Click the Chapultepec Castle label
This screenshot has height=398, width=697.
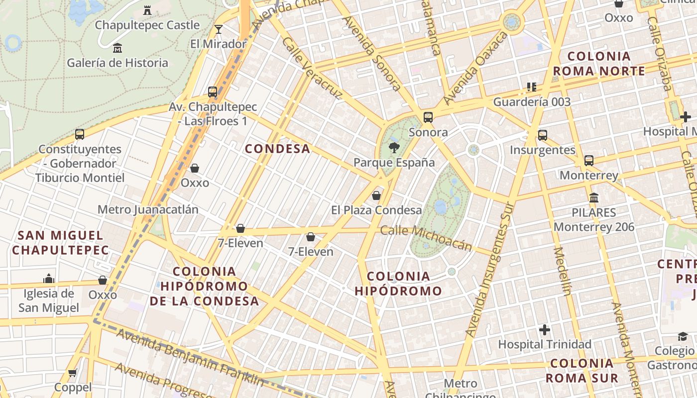(x=147, y=25)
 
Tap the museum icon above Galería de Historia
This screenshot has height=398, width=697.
(x=117, y=48)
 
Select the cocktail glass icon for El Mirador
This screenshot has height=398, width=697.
(x=218, y=29)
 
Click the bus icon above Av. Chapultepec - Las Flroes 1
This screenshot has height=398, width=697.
(x=213, y=92)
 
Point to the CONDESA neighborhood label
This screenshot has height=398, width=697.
(x=278, y=149)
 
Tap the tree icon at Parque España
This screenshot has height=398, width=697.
(x=394, y=147)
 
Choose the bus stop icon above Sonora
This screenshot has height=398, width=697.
(x=428, y=117)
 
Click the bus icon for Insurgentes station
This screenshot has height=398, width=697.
(x=543, y=135)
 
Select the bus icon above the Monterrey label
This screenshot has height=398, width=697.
(x=589, y=161)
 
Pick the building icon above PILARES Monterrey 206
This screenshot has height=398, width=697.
(x=593, y=198)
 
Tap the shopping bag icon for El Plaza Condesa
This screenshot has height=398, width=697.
(x=376, y=196)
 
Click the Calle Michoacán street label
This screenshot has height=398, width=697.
(x=426, y=238)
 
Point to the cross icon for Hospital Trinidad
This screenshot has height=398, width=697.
(x=545, y=329)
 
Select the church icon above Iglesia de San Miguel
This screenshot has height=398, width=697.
(x=49, y=279)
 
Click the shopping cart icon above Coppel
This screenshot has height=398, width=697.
(x=73, y=373)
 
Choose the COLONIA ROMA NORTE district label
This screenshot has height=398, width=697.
(x=599, y=63)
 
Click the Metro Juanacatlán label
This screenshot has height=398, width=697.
(x=148, y=209)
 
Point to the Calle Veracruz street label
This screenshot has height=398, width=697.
(x=312, y=68)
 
